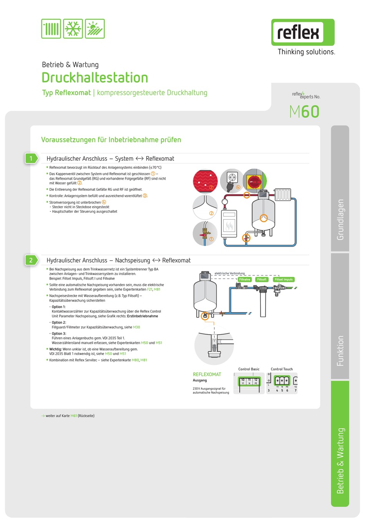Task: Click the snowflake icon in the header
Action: (73, 29)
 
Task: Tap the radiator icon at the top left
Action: (51, 29)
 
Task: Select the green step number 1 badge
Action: (31, 158)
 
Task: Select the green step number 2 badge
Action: (31, 260)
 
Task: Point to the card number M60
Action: (305, 112)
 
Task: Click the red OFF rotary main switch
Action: (255, 181)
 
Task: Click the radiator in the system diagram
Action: (283, 194)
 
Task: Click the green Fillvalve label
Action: (245, 280)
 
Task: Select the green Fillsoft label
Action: (262, 280)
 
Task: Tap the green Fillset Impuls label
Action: (284, 280)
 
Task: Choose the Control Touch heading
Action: (282, 369)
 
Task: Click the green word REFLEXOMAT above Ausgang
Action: (207, 375)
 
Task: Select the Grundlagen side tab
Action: (340, 219)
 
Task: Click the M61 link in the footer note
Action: (74, 416)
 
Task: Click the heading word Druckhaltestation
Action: (95, 78)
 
